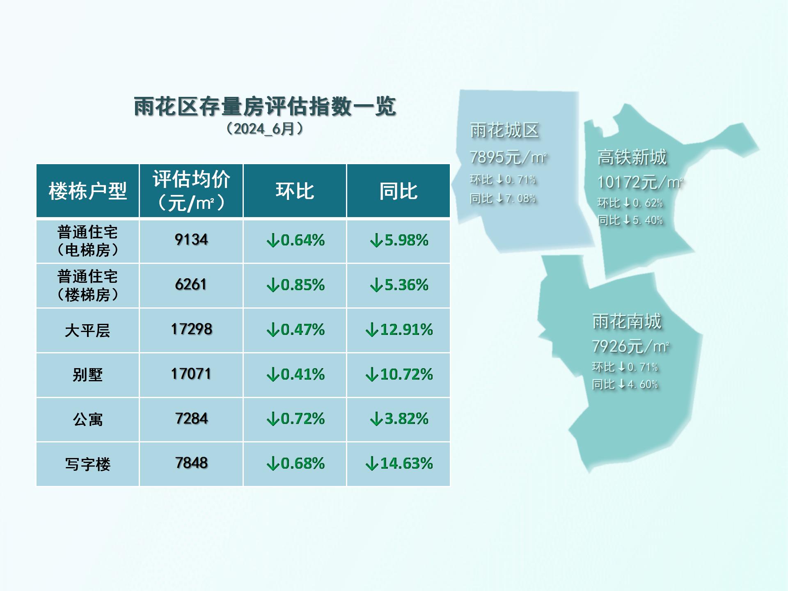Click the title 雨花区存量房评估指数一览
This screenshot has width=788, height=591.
(265, 106)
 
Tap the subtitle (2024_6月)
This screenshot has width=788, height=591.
(265, 129)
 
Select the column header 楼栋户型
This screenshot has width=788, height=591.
(87, 191)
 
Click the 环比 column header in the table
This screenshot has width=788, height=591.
(295, 191)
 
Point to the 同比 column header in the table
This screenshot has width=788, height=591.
(398, 191)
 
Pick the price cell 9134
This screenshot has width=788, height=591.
(191, 240)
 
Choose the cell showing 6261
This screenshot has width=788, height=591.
(191, 284)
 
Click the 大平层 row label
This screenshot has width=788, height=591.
(87, 330)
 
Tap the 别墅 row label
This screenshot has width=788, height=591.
(87, 375)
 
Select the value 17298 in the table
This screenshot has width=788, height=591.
(191, 329)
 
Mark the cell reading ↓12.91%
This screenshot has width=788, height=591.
(399, 330)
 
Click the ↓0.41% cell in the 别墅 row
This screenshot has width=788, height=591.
(295, 374)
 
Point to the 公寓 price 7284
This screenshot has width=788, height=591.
(191, 419)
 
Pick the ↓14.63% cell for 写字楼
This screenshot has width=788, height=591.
(399, 463)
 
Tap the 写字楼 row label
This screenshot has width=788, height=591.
(87, 464)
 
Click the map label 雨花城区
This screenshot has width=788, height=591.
(504, 131)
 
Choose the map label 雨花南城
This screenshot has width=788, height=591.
(627, 321)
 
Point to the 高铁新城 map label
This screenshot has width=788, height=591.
(632, 157)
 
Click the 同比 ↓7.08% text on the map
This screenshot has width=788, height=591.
(503, 199)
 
